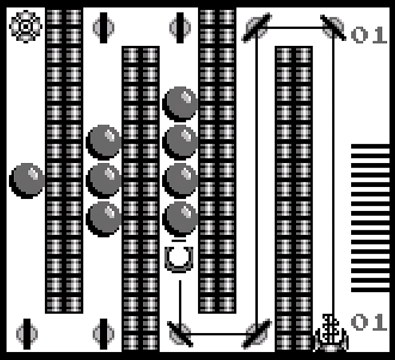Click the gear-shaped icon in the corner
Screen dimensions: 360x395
(x=24, y=26)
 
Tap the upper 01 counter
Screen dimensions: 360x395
(x=369, y=34)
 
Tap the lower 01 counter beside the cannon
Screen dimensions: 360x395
(x=369, y=322)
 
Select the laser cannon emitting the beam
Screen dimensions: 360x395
(x=331, y=333)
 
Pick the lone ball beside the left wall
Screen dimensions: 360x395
(x=27, y=180)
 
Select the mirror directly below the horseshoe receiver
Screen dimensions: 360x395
(x=180, y=333)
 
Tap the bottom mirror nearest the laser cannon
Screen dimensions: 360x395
(x=256, y=333)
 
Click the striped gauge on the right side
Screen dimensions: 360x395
(x=370, y=218)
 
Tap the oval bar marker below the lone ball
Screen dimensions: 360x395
(x=27, y=333)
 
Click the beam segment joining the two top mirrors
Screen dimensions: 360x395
(x=294, y=27)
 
